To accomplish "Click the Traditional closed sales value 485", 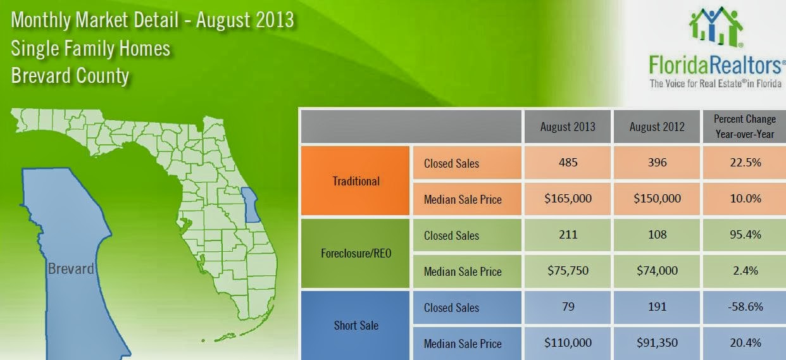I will point(568,163).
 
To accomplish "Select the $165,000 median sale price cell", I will point(568,199).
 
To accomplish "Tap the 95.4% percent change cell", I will point(744,235).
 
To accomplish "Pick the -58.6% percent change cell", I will point(744,307).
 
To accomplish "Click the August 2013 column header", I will point(568,127).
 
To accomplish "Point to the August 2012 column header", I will point(657,127).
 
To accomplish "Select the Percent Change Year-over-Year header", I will point(744,126).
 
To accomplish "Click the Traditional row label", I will point(356,181).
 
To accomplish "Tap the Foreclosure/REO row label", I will point(356,253).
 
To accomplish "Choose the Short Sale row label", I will point(356,325).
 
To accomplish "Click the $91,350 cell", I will point(657,343).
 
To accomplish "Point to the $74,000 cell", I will point(657,271).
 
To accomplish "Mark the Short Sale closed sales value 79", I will point(568,307).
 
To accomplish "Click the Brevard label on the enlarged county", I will point(71,269).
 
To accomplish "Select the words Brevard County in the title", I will point(70,76).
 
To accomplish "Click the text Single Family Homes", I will point(90,48).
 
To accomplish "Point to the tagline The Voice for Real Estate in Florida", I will point(715,83).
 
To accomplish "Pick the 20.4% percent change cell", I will point(744,343).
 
